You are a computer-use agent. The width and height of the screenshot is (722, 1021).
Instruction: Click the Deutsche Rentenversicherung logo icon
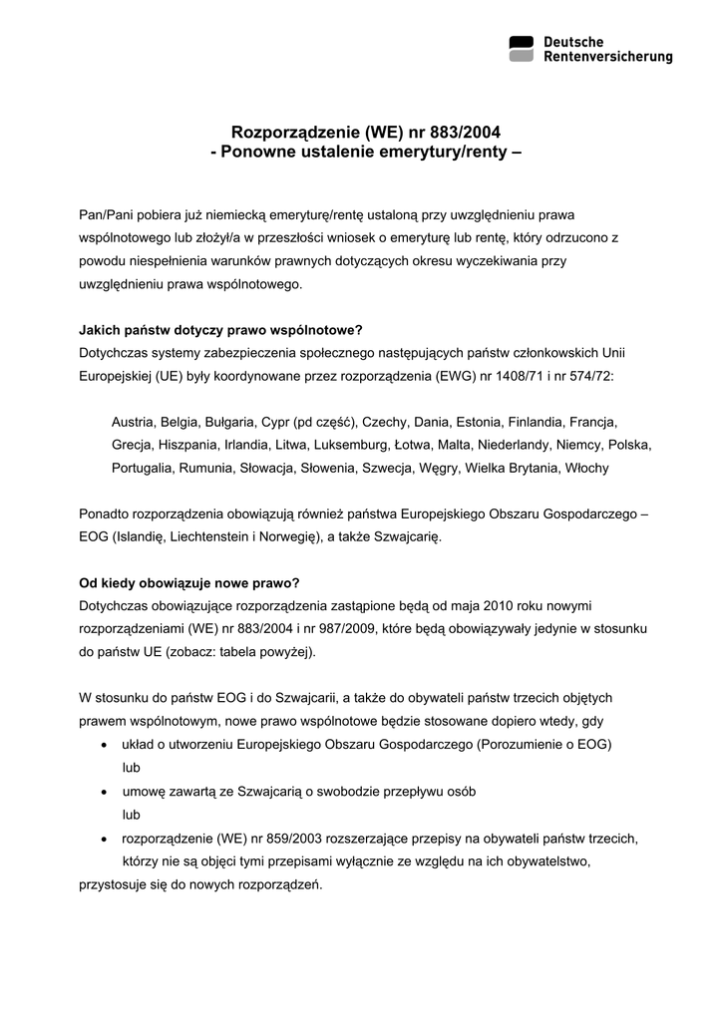tap(522, 49)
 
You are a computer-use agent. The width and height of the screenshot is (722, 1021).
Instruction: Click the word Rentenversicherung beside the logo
tap(607, 58)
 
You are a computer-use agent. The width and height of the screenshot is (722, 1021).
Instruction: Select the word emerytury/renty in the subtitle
tap(447, 152)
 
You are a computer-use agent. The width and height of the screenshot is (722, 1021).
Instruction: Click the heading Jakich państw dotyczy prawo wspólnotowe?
tap(220, 331)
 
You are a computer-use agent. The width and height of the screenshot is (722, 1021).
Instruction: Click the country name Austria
tap(133, 422)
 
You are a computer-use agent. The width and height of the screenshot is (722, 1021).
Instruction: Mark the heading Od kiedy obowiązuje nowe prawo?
tap(189, 583)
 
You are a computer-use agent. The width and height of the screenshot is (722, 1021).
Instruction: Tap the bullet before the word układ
tap(107, 746)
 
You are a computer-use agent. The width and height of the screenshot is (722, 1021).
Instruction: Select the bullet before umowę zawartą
tap(107, 792)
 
